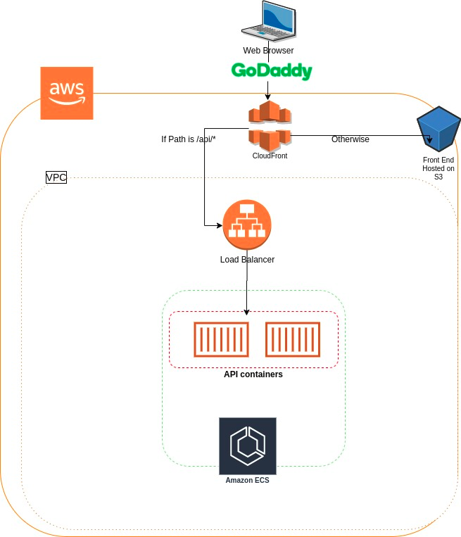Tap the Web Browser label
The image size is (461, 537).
[268, 51]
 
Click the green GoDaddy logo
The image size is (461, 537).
[272, 71]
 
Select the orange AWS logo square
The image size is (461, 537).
[67, 93]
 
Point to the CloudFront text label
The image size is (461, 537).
[270, 156]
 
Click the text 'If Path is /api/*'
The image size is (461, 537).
[188, 139]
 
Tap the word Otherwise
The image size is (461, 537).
[351, 139]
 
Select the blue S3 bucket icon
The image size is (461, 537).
[438, 129]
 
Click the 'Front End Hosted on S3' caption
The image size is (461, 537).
[438, 169]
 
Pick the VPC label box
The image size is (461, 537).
[56, 178]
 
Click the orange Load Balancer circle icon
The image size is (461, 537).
[247, 225]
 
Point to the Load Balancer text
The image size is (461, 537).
[247, 260]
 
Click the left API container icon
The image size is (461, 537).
[222, 339]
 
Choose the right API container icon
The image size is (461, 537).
[293, 339]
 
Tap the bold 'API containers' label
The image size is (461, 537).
[253, 374]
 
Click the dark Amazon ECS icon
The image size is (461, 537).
[248, 446]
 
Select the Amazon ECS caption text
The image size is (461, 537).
[247, 481]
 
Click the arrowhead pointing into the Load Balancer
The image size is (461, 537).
[219, 225]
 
